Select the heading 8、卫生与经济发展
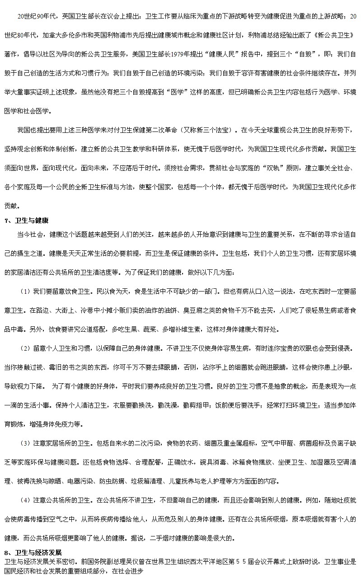[x=32, y=553]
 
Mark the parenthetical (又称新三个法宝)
[x=207, y=131]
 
